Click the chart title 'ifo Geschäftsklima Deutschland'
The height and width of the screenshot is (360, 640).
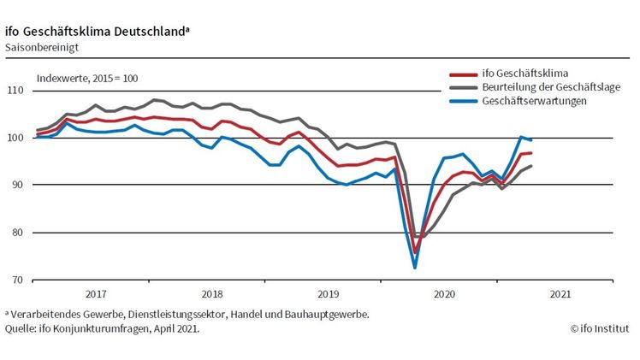click(95, 31)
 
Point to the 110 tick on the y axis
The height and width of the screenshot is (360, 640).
click(15, 91)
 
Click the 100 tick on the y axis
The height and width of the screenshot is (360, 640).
click(15, 138)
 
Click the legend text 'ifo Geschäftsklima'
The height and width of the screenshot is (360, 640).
click(526, 72)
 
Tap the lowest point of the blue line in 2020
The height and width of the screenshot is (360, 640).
click(415, 268)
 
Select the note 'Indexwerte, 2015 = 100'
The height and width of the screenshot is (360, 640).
click(87, 78)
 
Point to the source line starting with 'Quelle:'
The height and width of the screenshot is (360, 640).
click(102, 328)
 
